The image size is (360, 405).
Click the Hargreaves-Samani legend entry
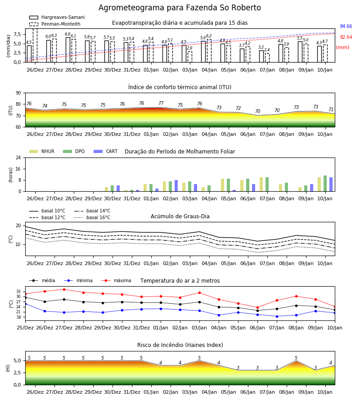[x=57, y=17]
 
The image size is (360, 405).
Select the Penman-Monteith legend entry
[x=55, y=24]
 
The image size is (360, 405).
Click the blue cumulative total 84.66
[x=346, y=27]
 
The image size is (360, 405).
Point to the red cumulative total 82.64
[x=346, y=37]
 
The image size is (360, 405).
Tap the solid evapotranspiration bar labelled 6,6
[x=68, y=50]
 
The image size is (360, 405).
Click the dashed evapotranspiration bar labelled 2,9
[x=190, y=57]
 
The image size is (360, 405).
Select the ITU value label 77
[x=161, y=103]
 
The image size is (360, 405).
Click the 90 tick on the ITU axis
[x=18, y=93]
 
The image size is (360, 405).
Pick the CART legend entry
[x=106, y=151]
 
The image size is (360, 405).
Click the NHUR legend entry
[x=42, y=151]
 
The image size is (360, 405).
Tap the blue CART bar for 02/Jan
[x=176, y=186]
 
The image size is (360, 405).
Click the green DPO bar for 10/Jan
[x=325, y=184]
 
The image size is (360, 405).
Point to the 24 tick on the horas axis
[x=18, y=158]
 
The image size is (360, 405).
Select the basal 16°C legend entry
[x=92, y=217]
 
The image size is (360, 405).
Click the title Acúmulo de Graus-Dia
[x=180, y=216]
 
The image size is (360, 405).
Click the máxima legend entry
[x=116, y=280]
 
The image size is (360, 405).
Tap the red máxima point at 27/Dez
[x=64, y=289]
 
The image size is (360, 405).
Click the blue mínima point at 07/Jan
[x=277, y=316]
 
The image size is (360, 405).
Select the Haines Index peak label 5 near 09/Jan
[x=296, y=358]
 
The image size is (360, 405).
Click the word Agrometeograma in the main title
[x=131, y=8]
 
